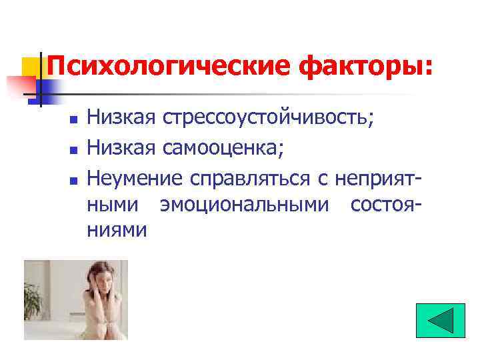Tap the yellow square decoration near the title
(31, 67)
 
